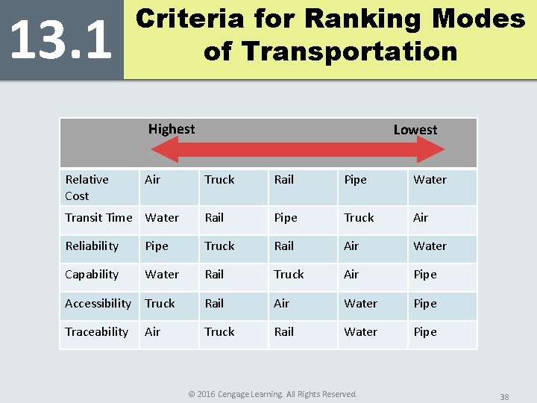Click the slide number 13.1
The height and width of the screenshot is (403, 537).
(61, 40)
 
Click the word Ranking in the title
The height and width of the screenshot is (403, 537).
(362, 19)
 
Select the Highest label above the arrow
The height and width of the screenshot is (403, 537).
(172, 129)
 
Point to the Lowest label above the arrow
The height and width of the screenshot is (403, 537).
(415, 130)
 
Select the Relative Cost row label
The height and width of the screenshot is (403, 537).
(87, 188)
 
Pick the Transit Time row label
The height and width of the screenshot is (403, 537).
(98, 218)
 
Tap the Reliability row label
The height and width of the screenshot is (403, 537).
(92, 246)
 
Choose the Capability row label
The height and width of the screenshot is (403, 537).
(92, 275)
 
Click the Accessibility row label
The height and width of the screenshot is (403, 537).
(98, 304)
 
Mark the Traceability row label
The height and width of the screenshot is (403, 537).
(96, 332)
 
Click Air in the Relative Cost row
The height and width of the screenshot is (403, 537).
(152, 180)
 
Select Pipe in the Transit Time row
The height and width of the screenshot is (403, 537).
(286, 218)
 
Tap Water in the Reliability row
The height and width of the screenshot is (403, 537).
(430, 246)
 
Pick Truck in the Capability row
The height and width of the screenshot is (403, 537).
(289, 275)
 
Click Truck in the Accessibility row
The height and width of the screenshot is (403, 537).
(160, 304)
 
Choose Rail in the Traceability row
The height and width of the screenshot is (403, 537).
(284, 331)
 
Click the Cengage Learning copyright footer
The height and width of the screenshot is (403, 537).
(273, 394)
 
